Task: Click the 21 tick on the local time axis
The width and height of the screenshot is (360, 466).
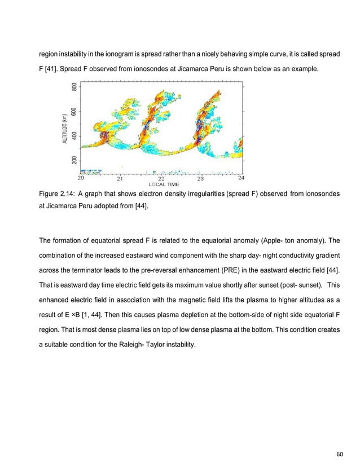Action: coord(120,179)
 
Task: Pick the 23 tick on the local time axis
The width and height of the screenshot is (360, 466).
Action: coord(200,179)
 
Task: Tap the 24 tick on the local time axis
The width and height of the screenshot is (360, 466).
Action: coord(241,179)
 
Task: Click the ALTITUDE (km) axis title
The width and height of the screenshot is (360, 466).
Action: coord(65,128)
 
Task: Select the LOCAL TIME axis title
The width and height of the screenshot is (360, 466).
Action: coord(164,184)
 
